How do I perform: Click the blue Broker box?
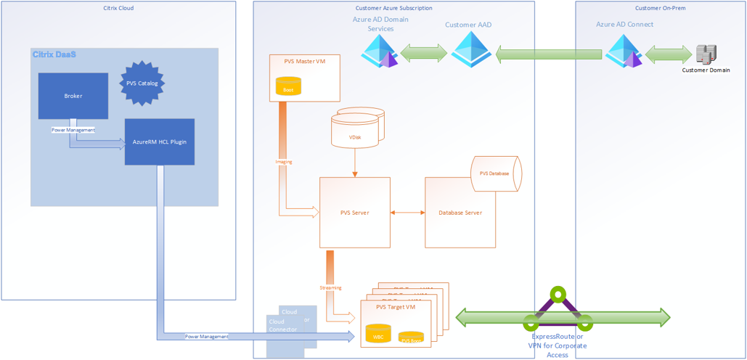coord(73,96)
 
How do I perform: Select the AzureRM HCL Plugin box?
coord(160,142)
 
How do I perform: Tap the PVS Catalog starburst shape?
coord(142,83)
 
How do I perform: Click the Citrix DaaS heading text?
coord(54,54)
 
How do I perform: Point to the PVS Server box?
coord(355,213)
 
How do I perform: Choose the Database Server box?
coord(460,213)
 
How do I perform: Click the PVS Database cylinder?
coord(497,174)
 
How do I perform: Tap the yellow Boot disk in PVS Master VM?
coord(288,87)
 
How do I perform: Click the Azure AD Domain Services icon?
coord(381,52)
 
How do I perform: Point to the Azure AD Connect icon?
coord(624,52)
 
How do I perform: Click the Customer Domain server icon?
coord(706,54)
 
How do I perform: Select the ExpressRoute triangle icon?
coord(558,310)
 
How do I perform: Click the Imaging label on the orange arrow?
coord(284,162)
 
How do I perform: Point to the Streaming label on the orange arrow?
coord(330,288)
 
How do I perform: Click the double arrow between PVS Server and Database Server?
coord(408,213)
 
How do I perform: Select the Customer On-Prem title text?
coord(660,8)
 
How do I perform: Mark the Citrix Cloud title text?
coord(118,8)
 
